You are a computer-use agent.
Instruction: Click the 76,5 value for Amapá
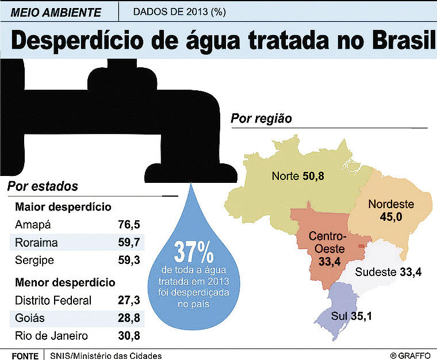[129, 224]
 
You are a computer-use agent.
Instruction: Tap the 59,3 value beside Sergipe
[129, 260]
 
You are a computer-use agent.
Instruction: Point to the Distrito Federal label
[53, 300]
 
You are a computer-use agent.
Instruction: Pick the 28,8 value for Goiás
[129, 317]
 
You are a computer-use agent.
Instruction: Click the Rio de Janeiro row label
[52, 335]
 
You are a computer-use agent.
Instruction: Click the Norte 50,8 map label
[298, 176]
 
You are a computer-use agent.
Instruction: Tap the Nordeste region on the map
[391, 209]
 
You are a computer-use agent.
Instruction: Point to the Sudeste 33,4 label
[388, 272]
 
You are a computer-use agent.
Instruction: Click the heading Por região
[261, 119]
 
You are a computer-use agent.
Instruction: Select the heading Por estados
[43, 187]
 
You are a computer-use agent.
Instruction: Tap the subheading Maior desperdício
[63, 206]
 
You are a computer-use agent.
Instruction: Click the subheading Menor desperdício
[65, 282]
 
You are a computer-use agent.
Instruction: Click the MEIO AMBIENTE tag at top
[56, 12]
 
